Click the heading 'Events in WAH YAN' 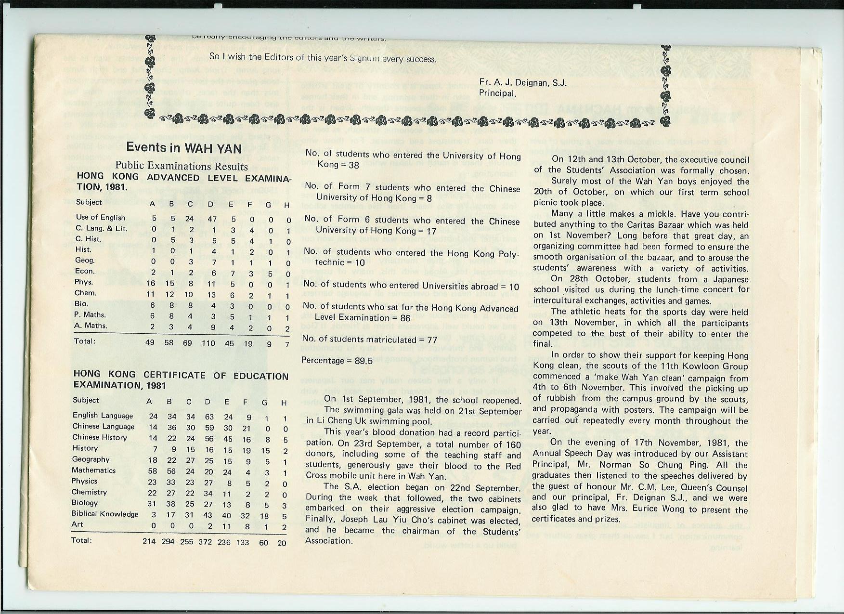pos(183,147)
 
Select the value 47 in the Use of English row pos(212,218)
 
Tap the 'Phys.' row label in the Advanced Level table pos(84,282)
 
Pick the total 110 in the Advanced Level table pos(208,342)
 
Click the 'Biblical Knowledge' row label pos(105,514)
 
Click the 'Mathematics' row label pos(94,470)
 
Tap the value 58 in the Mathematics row pos(153,470)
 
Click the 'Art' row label pos(77,524)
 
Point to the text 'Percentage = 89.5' pos(337,361)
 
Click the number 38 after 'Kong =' pos(354,165)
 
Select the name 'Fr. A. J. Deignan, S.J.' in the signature pos(523,83)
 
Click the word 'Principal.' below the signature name pos(497,93)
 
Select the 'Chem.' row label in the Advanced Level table pos(86,293)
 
